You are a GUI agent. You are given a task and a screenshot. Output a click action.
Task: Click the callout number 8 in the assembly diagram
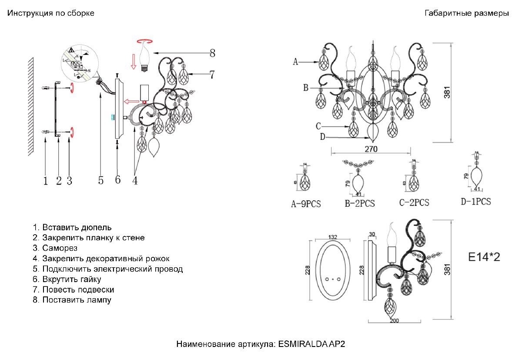[x=212, y=54]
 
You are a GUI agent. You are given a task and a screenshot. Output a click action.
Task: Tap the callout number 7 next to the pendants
[x=211, y=74]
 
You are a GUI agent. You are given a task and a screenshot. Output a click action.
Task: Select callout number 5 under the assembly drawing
[x=101, y=180]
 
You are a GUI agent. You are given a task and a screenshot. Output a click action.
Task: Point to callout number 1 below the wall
[x=46, y=180]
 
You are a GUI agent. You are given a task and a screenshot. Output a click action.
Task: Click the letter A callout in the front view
[x=296, y=62]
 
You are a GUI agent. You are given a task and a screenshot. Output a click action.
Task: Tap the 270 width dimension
[x=371, y=148]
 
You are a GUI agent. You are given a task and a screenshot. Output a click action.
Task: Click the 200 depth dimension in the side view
[x=394, y=321]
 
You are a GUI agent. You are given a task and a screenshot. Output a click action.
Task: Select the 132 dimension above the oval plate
[x=333, y=237]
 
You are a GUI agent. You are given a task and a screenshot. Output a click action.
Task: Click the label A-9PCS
[x=306, y=204]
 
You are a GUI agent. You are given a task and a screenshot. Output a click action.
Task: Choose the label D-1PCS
[x=476, y=202]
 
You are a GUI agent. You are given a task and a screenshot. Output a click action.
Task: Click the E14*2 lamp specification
[x=484, y=257]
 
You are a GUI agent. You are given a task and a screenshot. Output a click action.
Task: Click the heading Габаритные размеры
[x=467, y=13]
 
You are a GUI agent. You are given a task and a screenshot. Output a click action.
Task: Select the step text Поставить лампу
[x=77, y=300]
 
